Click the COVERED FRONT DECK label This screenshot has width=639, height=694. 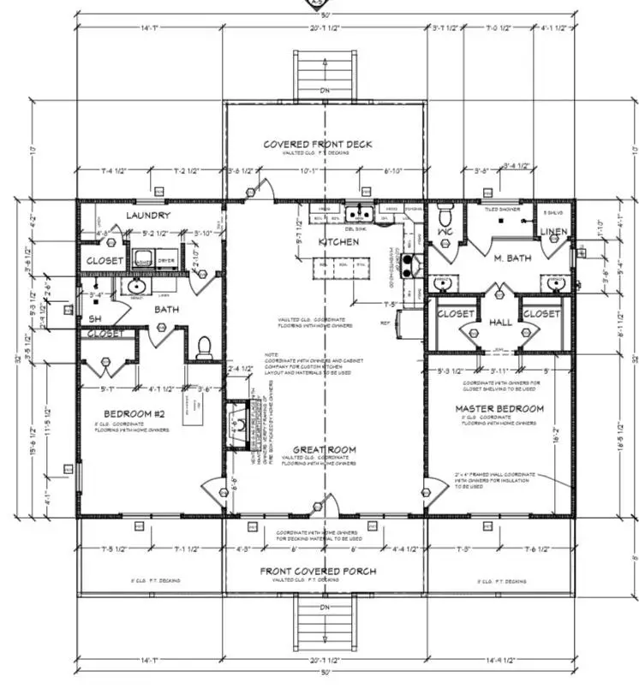[x=317, y=144]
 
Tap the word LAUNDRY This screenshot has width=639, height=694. [x=147, y=216]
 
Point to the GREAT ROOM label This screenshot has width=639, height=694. [x=325, y=449]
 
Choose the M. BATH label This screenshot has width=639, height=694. [x=512, y=258]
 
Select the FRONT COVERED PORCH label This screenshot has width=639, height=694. [x=319, y=571]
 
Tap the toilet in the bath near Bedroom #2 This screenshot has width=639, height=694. [x=204, y=347]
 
